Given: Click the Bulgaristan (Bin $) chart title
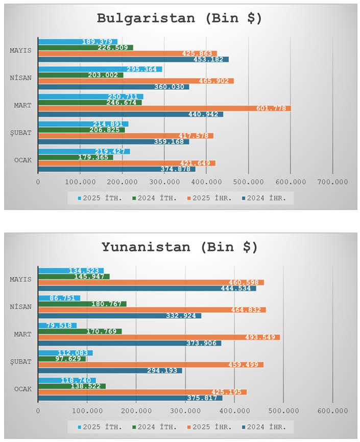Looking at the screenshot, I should point(180,18).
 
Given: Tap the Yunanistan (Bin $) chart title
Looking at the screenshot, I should point(180,247).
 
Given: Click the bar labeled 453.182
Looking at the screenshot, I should point(133,59).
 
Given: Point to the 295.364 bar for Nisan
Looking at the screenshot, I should point(100,69).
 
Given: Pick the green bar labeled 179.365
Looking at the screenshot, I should point(76,157).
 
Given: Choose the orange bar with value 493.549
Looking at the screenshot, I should point(159,337).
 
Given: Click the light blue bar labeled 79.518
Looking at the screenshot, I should point(57,325).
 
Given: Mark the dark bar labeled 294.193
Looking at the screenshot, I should point(110,370).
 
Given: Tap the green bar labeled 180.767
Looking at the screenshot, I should point(82,304).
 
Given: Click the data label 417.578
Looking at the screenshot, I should point(194,135).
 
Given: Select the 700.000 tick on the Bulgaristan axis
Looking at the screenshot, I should point(332,181).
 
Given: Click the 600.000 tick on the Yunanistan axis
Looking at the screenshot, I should point(332,410).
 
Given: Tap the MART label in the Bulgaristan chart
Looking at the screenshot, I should point(22,105).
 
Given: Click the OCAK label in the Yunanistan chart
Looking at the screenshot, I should point(22,389).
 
